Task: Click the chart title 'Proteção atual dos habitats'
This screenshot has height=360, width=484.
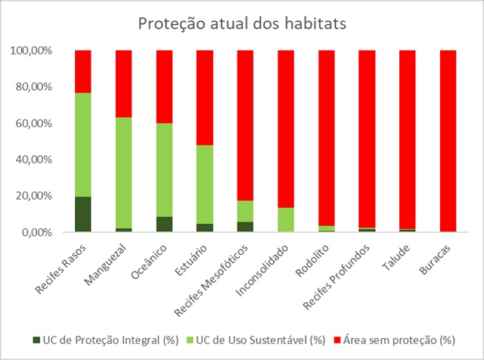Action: click(241, 23)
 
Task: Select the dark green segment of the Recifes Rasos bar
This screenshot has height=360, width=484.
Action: click(82, 214)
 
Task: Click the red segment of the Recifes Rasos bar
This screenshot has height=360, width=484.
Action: click(82, 72)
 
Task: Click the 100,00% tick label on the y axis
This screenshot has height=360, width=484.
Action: click(32, 51)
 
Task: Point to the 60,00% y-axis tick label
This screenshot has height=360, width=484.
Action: click(34, 123)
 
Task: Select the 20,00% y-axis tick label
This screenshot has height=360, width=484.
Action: click(34, 196)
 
